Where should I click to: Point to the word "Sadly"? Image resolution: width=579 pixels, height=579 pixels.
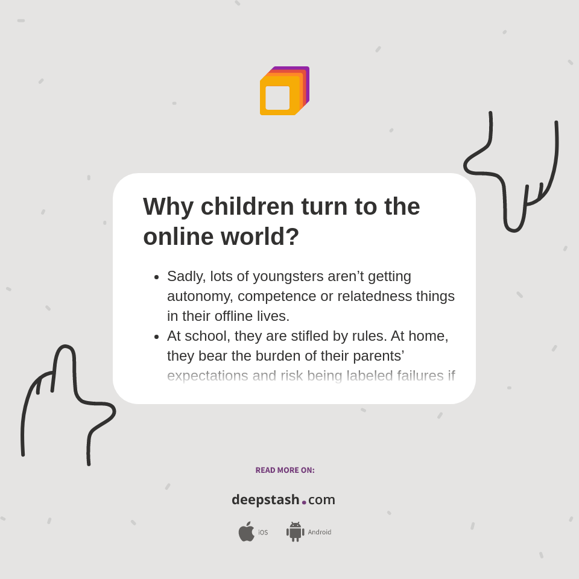point(186,276)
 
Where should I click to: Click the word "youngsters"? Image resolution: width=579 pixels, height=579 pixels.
point(288,276)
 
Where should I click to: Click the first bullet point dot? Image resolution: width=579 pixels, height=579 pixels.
point(156,277)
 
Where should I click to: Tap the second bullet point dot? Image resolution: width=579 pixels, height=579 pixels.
point(156,337)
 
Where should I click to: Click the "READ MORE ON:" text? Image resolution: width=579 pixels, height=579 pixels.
point(285,470)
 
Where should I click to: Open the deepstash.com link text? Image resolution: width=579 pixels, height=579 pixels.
point(283,500)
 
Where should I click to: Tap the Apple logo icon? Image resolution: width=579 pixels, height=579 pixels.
point(246,532)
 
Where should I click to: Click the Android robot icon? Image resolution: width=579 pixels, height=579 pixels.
point(295,532)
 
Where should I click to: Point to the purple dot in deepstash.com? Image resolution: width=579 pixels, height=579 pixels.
point(304,502)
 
